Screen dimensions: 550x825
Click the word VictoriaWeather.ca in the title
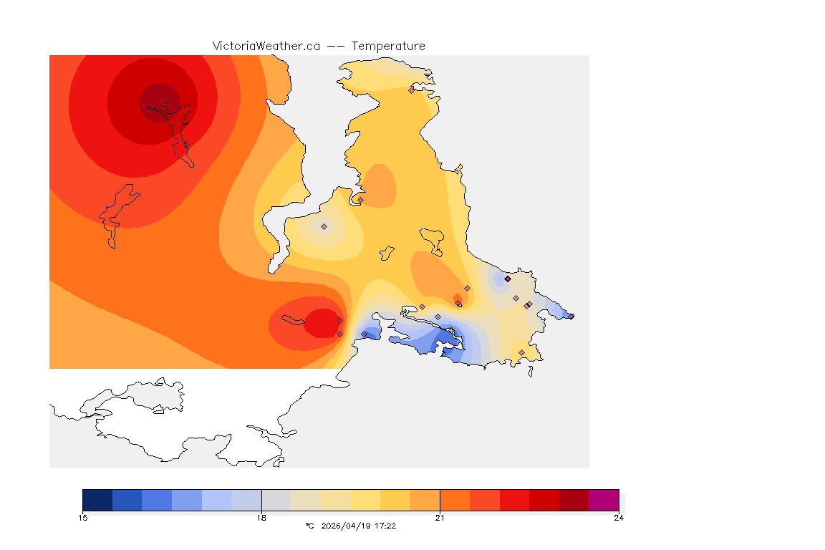pos(266,46)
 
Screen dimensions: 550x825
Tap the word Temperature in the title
pos(388,46)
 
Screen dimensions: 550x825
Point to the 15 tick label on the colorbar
pos(82,518)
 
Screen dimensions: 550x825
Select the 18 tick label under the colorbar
pos(261,518)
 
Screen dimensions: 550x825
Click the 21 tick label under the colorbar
pos(440,518)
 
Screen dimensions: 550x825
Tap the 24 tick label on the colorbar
pos(618,518)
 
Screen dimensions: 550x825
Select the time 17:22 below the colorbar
pos(385,526)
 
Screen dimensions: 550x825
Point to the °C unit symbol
pos(309,526)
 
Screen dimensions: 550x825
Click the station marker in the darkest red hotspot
pos(165,105)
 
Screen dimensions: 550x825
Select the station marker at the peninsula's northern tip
pos(411,90)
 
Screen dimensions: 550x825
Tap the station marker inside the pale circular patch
pos(324,226)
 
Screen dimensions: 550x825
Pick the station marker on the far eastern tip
pos(571,316)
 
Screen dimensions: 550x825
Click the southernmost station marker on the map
pos(521,352)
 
